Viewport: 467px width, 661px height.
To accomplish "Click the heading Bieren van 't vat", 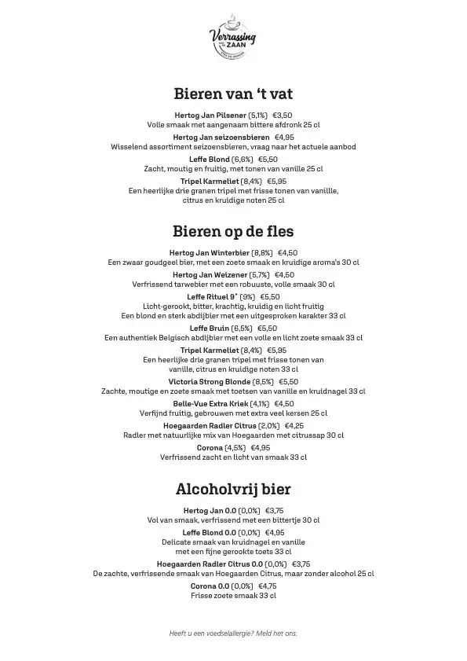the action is tap(233, 94).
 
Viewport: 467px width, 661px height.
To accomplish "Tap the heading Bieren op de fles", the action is tap(233, 231).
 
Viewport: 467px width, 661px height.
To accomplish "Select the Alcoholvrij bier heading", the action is tap(233, 489).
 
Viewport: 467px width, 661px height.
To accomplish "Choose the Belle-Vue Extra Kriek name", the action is tap(206, 403).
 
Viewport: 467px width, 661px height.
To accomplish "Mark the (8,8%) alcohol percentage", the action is tap(262, 252).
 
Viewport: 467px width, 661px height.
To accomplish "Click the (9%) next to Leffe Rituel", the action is tap(247, 296).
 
